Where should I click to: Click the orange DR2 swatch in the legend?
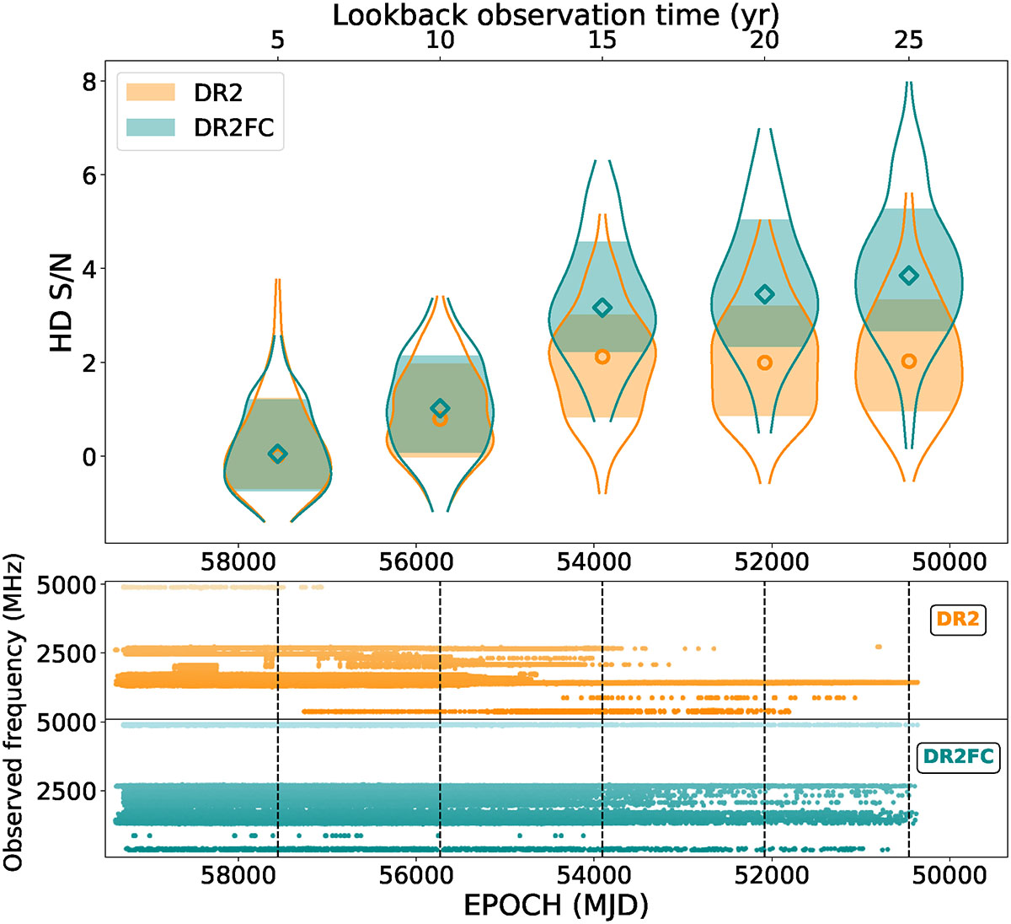click(150, 92)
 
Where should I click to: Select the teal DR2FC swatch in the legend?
click(150, 127)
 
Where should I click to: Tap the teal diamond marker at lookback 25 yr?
click(909, 276)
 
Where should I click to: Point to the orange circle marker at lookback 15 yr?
click(602, 357)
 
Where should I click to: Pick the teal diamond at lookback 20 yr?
click(764, 294)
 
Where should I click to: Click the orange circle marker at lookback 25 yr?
click(909, 361)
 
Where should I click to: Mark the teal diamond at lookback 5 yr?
click(278, 454)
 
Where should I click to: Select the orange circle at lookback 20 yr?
click(764, 363)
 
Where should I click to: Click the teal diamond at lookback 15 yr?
click(602, 308)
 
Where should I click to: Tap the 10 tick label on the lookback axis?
click(440, 40)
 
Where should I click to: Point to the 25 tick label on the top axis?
click(909, 40)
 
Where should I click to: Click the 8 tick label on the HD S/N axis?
click(89, 81)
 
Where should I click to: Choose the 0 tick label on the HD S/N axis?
click(89, 456)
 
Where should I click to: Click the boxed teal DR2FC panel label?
click(958, 756)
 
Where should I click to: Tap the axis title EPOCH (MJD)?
click(556, 905)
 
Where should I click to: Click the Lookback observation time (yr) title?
click(556, 15)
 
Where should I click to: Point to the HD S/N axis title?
click(61, 302)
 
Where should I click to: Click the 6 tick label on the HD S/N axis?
click(89, 175)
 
